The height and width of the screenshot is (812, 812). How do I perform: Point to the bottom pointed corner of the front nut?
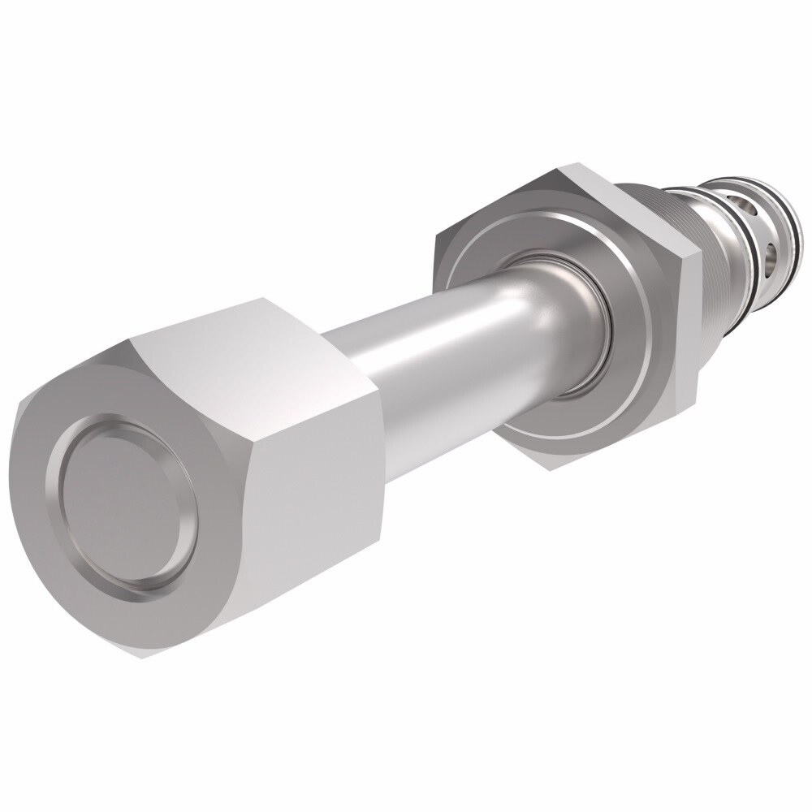pyautogui.click(x=144, y=654)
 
